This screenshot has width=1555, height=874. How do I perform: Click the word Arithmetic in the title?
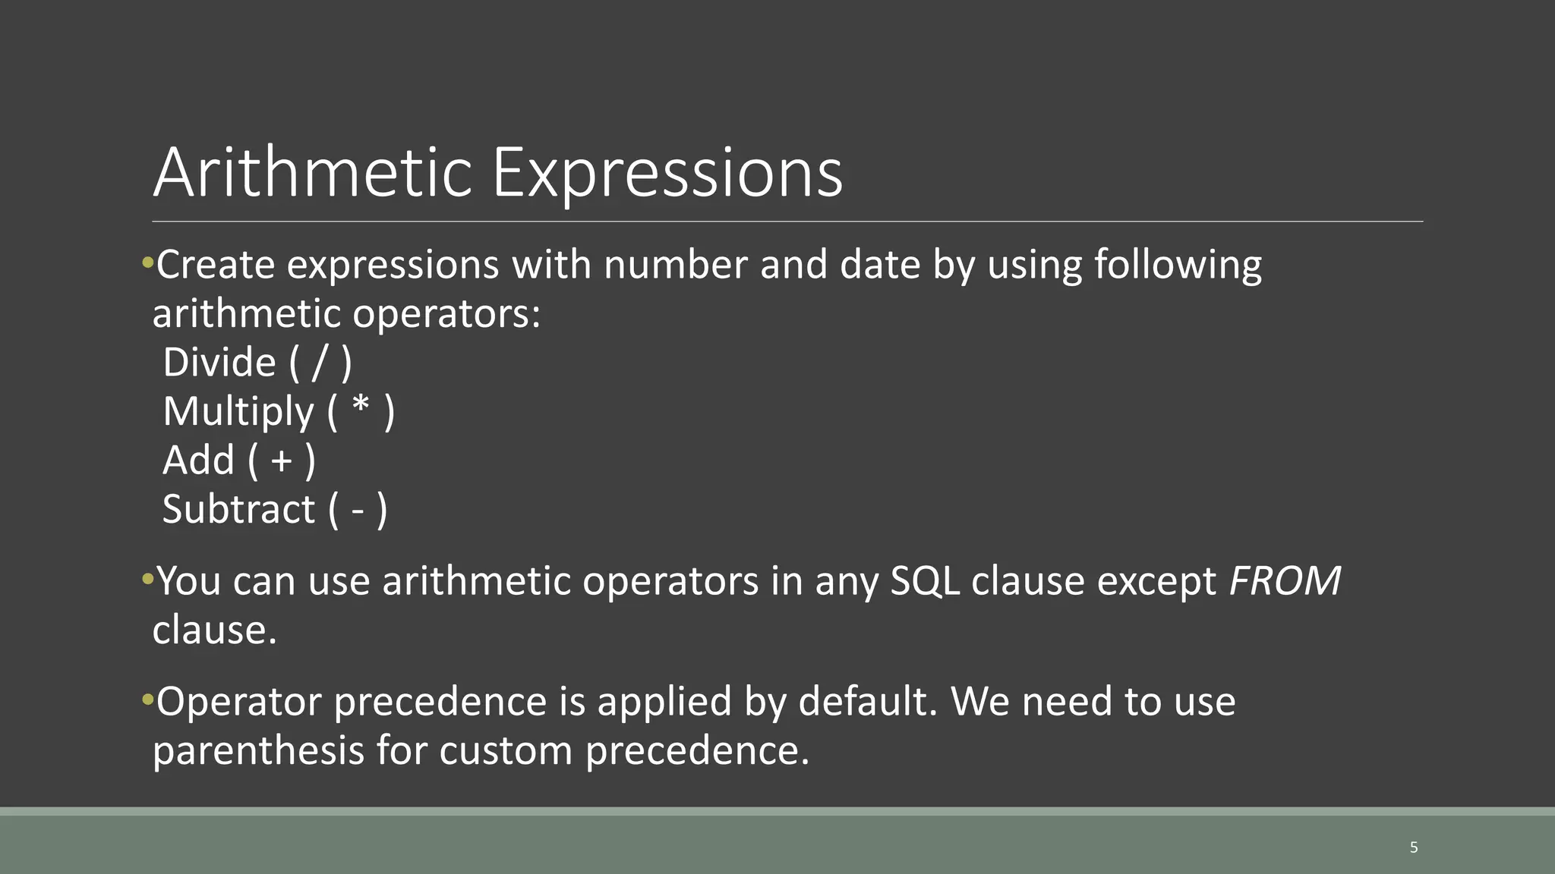313,173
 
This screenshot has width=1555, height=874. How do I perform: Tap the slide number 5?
1413,847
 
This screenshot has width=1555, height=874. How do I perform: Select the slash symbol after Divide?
320,363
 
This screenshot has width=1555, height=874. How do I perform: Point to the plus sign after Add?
282,461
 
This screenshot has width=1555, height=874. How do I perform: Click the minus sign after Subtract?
358,510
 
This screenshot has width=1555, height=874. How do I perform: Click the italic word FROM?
1284,581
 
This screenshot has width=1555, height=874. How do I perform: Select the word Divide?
219,363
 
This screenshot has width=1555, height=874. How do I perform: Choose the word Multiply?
238,412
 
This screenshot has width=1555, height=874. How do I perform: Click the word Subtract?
238,509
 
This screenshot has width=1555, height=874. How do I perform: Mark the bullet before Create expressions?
147,264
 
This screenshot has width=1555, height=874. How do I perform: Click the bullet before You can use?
147,580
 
